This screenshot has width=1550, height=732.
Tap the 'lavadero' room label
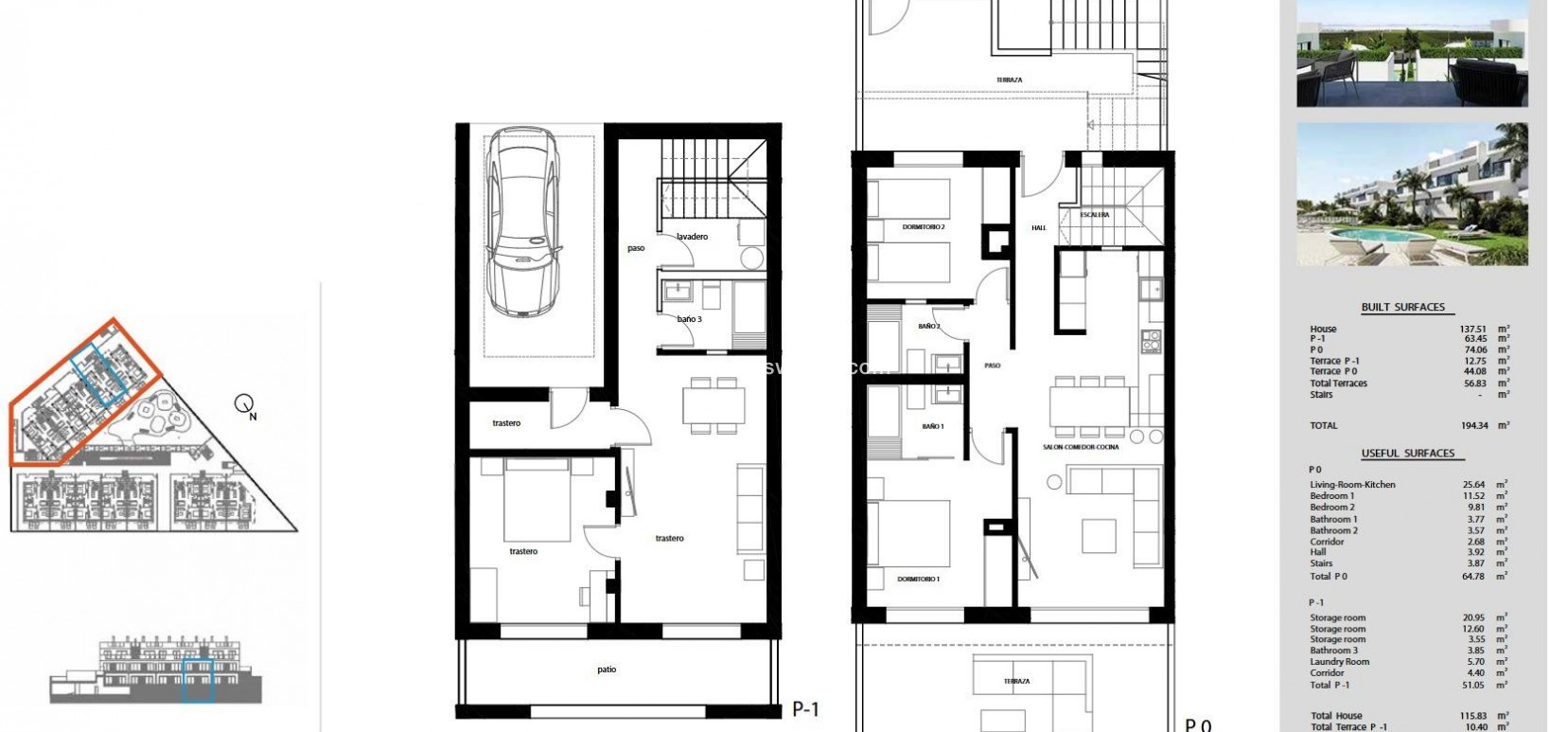pos(692,237)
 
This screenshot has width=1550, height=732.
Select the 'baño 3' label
pos(689,319)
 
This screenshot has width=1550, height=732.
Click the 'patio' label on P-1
pos(607,670)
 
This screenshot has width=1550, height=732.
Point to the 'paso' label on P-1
pos(636,248)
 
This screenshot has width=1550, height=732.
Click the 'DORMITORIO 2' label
pos(923,227)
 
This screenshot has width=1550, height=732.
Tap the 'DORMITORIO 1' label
pos(918,579)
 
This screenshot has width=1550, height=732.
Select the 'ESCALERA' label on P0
pos(1095,215)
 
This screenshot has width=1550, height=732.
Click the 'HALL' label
pos(1038,228)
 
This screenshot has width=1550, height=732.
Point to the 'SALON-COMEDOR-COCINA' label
pos(1081,447)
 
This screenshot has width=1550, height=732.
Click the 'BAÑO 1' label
pos(932,427)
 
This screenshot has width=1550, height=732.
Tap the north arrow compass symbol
pos(244,405)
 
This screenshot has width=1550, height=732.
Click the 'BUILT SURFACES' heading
pos(1402,307)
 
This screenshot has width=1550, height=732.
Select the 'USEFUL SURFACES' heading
pos(1407,453)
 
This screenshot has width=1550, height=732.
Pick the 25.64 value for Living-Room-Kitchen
pos(1474,485)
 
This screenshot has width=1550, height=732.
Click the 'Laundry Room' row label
pos(1339,662)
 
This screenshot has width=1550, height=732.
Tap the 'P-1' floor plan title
pos(805,708)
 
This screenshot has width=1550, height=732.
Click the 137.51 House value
pos(1474,329)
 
